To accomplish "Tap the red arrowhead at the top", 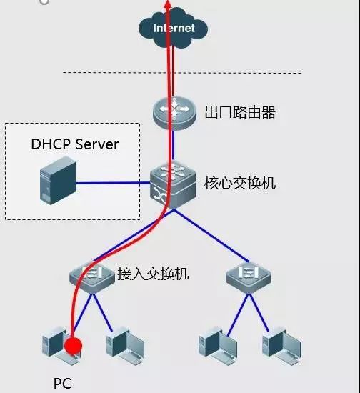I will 169,4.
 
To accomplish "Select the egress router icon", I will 174,111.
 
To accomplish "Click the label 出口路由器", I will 240,112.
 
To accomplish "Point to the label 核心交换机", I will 240,183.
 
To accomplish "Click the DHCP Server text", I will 74,144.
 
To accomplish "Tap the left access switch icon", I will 92,276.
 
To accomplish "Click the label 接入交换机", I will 153,273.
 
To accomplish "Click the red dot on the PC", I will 73,347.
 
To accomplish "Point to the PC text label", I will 62,383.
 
